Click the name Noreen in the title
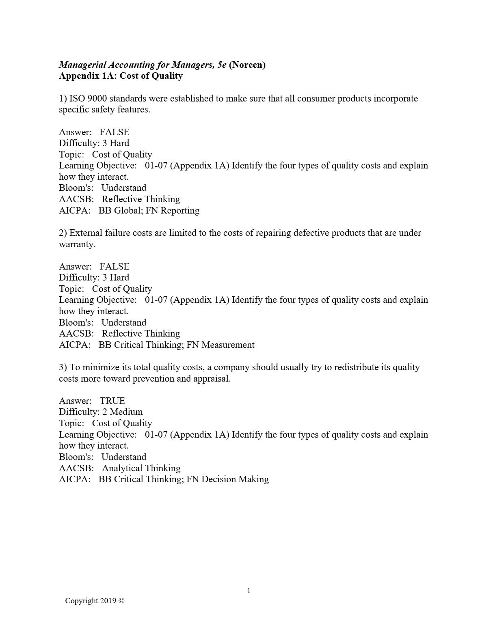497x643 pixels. (247, 65)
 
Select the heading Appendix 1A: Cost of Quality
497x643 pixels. (121, 76)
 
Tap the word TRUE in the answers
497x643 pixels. (112, 401)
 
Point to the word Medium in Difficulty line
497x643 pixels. (126, 412)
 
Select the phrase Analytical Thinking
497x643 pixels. (141, 468)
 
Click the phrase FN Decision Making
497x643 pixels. (228, 479)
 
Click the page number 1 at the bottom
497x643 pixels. (249, 591)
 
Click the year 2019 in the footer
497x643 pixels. (108, 601)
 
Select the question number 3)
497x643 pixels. (63, 367)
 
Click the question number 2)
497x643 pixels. (63, 233)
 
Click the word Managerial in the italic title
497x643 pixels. (82, 65)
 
